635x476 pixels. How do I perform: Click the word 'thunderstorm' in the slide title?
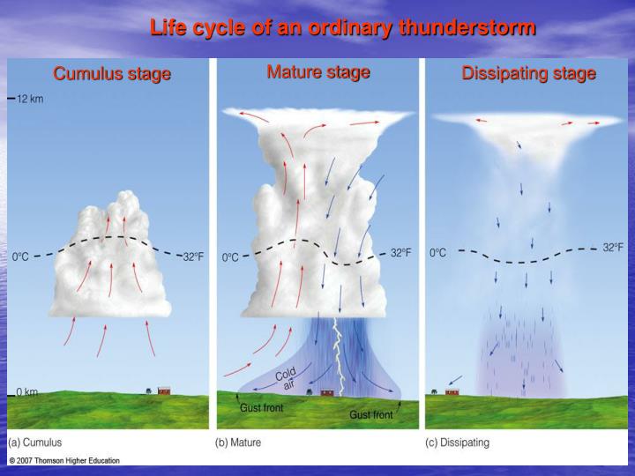[467, 27]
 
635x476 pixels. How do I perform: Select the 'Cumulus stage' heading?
[112, 74]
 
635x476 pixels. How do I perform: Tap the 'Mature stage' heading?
[318, 72]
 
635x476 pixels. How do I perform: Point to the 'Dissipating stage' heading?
[529, 74]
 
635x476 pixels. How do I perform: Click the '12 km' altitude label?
[30, 99]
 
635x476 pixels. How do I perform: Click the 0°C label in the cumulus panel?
[20, 257]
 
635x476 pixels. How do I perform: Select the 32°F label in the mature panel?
[401, 253]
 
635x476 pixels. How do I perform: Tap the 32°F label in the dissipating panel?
[613, 248]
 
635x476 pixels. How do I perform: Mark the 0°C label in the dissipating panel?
[438, 253]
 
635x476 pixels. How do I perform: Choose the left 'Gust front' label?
[262, 408]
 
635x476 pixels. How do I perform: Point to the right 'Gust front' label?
[371, 413]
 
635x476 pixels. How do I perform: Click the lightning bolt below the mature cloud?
[335, 353]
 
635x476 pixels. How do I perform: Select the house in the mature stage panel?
[327, 391]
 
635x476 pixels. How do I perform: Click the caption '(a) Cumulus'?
[36, 442]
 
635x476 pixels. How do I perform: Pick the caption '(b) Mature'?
[239, 442]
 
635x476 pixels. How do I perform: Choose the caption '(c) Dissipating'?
[458, 442]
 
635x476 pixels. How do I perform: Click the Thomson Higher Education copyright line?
[63, 460]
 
